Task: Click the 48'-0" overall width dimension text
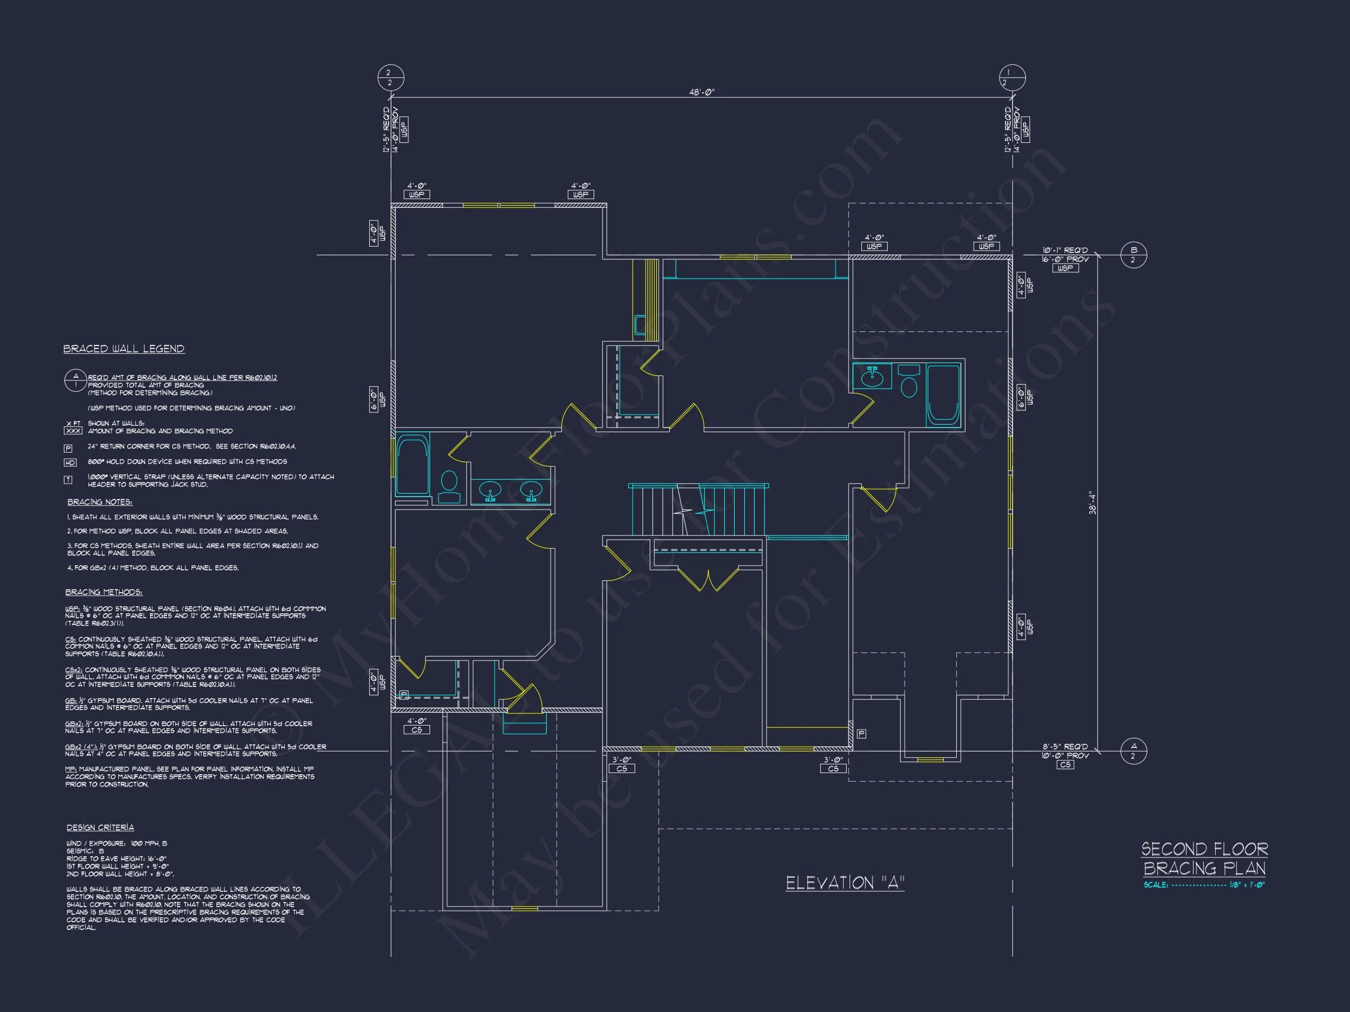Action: click(x=701, y=93)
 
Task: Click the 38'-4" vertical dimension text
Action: click(x=1092, y=503)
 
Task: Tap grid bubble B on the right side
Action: click(x=1133, y=255)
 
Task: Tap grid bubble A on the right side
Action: click(x=1133, y=751)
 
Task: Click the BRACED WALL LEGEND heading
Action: click(x=124, y=349)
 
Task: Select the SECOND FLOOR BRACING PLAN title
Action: click(x=1204, y=859)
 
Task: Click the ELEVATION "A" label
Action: click(x=844, y=883)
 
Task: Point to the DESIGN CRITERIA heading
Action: click(x=100, y=828)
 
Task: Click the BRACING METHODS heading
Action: click(x=104, y=592)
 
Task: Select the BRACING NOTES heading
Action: click(x=100, y=502)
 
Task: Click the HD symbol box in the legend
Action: click(x=70, y=463)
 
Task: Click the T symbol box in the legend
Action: click(x=69, y=480)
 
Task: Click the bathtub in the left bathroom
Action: click(x=412, y=464)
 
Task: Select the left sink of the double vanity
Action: click(x=490, y=490)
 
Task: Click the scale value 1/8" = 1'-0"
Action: click(x=1247, y=885)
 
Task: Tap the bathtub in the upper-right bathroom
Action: click(x=943, y=394)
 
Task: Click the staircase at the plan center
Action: click(x=698, y=510)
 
